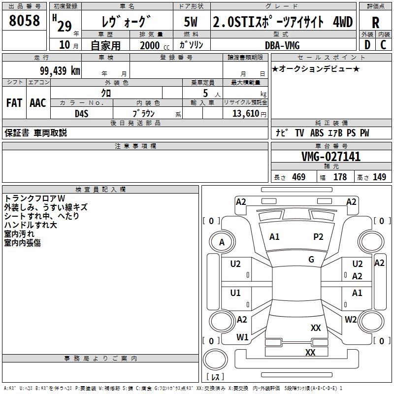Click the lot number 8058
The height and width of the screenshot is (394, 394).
coord(24,21)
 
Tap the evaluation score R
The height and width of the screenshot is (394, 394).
coord(375,22)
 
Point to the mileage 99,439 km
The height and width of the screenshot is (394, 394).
coord(60,70)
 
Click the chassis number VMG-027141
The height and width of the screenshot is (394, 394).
coord(331,157)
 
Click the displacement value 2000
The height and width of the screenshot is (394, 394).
coord(150,45)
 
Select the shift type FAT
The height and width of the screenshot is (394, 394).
coord(14,103)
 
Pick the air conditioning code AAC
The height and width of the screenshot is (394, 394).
coord(38,103)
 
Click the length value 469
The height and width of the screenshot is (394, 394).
coord(298,177)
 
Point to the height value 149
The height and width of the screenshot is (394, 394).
coord(379,177)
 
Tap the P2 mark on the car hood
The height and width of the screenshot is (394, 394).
coord(318,237)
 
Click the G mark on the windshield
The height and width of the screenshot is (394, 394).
coord(311,260)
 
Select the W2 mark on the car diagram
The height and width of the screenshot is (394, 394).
coord(351,320)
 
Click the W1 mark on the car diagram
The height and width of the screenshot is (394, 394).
coord(242,337)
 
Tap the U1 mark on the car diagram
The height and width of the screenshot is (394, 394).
coord(235,293)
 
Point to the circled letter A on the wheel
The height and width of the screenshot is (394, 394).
coord(222,242)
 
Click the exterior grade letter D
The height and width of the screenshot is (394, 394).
coord(367,45)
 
